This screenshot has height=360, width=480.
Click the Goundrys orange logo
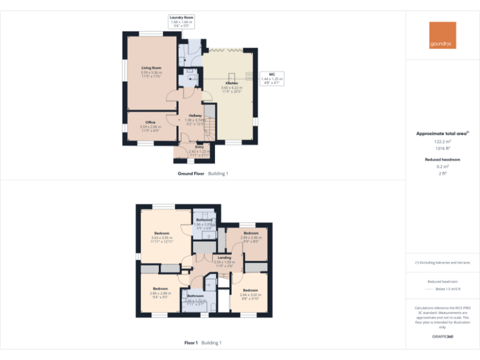pos(443,35)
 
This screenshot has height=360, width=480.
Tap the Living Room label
pos(151,67)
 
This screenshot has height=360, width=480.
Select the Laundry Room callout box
pos(182,21)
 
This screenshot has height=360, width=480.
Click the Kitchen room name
pos(231,83)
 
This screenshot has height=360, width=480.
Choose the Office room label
pos(151,122)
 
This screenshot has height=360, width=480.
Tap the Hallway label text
pos(195,116)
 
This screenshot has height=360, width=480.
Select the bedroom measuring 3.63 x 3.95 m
pos(161,234)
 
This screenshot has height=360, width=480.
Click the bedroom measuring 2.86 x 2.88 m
pos(160,289)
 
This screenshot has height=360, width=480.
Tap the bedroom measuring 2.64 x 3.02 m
pos(250,291)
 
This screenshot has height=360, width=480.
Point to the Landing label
pos(224,257)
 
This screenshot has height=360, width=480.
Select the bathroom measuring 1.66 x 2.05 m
pos(204,221)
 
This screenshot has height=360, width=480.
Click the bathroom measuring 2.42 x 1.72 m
pos(195,296)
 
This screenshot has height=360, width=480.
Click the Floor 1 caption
pos(191,342)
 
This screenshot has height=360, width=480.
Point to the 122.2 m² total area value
pos(442,142)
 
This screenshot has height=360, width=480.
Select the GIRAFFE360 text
pos(442,337)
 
